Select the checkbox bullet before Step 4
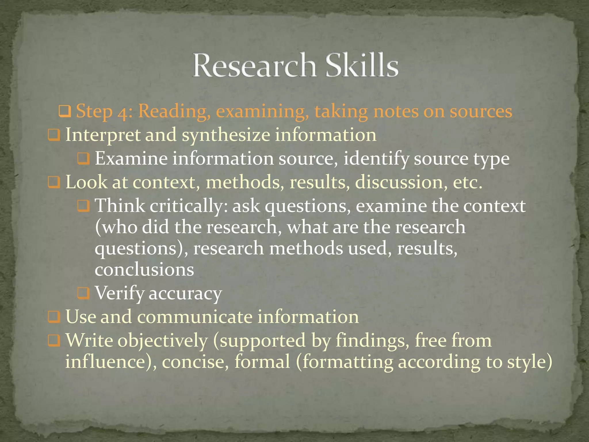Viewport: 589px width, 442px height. point(64,111)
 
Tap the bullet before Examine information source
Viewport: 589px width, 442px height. point(83,159)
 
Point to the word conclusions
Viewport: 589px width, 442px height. point(144,270)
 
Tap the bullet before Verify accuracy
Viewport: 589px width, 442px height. point(83,293)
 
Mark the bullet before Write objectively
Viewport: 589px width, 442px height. point(54,340)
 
